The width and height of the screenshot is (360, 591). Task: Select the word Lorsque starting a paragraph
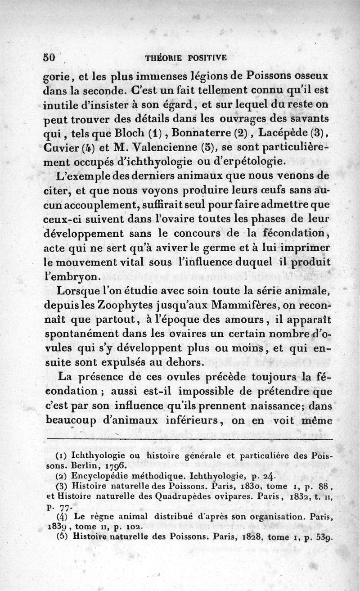coord(73,290)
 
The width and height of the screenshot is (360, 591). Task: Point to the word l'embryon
coord(68,276)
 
